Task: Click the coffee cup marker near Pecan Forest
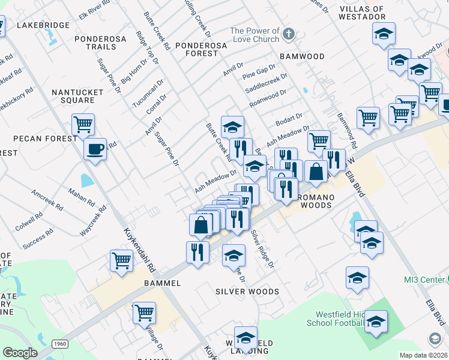click(95, 148)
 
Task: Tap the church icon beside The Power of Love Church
click(289, 34)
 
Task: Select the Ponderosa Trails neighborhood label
click(100, 42)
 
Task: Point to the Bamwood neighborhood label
click(302, 56)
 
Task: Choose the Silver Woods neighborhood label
click(247, 292)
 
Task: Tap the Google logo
click(19, 353)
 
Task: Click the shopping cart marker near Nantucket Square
click(83, 124)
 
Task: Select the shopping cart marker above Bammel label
click(121, 260)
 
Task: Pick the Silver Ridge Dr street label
click(262, 248)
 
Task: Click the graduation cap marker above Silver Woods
click(234, 255)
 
